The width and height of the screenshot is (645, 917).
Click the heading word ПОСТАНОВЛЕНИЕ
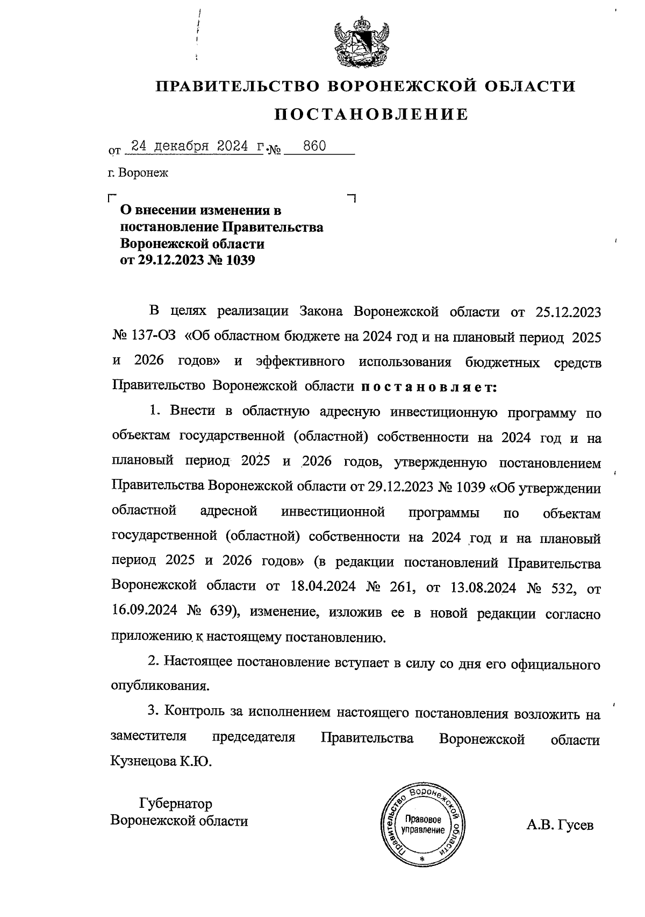point(371,115)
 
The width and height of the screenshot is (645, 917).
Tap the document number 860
point(314,146)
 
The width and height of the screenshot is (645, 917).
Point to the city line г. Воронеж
point(138,173)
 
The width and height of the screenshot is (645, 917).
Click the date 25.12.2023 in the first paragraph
point(569,312)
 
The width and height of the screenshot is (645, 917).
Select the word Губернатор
point(175,803)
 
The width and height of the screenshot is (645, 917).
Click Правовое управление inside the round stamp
point(423,825)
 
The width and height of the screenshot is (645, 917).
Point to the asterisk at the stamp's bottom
point(422,859)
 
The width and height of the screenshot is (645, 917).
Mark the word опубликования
point(159,686)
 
